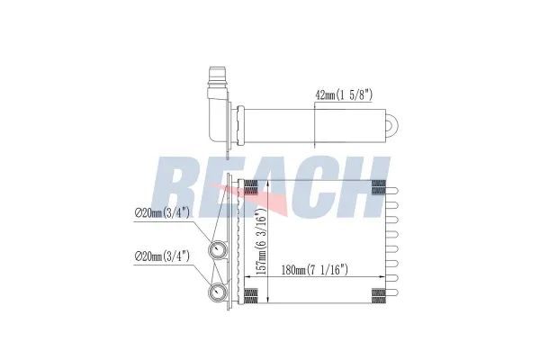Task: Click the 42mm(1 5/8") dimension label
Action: pyautogui.click(x=344, y=94)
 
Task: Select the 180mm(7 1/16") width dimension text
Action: pyautogui.click(x=314, y=270)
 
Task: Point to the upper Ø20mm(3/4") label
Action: pyautogui.click(x=161, y=213)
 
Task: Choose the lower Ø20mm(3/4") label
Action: pyautogui.click(x=162, y=256)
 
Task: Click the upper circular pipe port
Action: pyautogui.click(x=218, y=249)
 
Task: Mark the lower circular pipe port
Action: pyautogui.click(x=218, y=292)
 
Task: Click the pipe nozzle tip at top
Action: pyautogui.click(x=217, y=74)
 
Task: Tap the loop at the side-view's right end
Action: pyautogui.click(x=391, y=125)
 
